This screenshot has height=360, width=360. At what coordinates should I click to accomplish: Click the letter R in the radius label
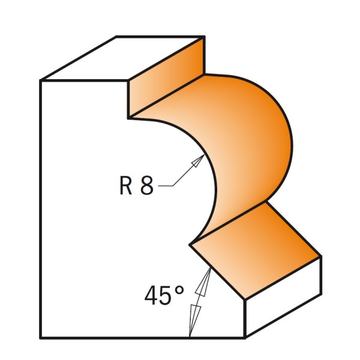[x=126, y=185]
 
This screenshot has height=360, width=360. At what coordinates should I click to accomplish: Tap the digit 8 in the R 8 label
[x=147, y=185]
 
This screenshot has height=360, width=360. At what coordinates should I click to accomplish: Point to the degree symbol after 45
[x=179, y=290]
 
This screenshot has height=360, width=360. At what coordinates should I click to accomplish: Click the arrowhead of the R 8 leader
[x=198, y=160]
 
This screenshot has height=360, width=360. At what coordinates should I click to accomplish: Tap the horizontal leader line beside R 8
[x=166, y=186]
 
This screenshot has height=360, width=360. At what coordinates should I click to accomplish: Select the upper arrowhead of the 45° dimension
[x=204, y=281]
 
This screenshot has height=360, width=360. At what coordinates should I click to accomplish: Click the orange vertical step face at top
[x=166, y=78]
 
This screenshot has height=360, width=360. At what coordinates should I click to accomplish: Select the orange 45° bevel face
[x=255, y=250]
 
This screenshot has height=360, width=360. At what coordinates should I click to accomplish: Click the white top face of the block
[x=122, y=59]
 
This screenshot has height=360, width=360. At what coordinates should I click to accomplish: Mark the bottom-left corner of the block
[x=41, y=338]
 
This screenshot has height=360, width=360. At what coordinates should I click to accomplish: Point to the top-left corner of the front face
[x=41, y=80]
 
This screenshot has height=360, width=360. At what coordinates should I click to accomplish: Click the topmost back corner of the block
[x=115, y=36]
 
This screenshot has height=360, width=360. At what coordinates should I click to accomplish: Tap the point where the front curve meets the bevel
[x=190, y=245]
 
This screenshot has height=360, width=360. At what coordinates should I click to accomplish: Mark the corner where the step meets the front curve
[x=128, y=118]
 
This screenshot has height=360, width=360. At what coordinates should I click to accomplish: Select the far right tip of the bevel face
[x=321, y=256]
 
